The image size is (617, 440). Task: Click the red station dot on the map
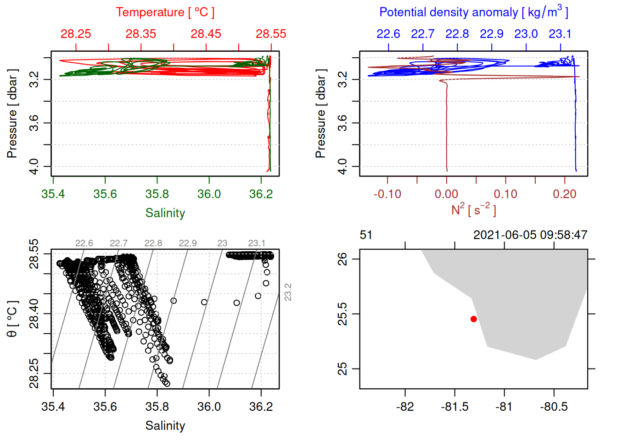(473, 319)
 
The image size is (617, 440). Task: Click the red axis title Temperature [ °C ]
(165, 12)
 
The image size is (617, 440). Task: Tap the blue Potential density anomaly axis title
(473, 12)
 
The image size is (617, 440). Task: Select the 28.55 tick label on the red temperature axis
(271, 34)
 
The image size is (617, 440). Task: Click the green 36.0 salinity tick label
(209, 194)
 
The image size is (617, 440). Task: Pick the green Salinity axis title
(165, 213)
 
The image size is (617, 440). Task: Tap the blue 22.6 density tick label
(388, 34)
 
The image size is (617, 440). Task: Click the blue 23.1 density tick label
(560, 34)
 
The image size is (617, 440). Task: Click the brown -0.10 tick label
(387, 194)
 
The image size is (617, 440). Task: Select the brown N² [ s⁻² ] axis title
(473, 210)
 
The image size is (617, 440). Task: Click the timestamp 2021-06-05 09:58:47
(530, 235)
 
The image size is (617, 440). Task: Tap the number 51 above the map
(366, 235)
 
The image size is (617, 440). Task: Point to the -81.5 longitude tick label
(454, 407)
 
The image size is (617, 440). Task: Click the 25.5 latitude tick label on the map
(342, 314)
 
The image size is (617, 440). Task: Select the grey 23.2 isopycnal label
(288, 292)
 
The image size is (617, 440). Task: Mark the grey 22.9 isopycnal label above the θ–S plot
(188, 243)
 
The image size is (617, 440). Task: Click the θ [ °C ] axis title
(12, 319)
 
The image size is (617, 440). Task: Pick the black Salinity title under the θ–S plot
(165, 426)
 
